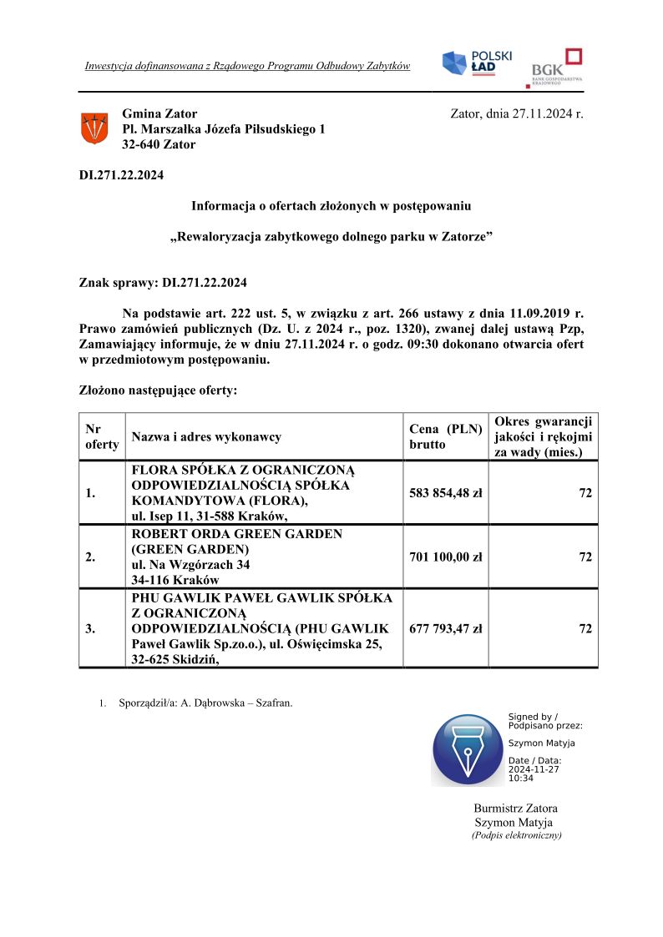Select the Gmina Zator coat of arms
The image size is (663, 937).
tap(94, 128)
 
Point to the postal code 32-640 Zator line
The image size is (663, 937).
tap(159, 144)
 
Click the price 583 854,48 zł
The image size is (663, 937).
tap(445, 493)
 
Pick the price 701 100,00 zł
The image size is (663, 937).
tap(445, 557)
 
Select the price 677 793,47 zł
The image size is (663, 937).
tap(445, 628)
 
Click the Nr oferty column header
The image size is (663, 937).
tap(102, 436)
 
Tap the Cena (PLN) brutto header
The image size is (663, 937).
tap(445, 436)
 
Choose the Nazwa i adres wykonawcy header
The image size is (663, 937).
tap(206, 436)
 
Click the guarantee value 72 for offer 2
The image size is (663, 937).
tap(585, 557)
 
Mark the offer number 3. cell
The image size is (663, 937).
tap(90, 628)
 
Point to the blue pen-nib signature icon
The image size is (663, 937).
tap(468, 749)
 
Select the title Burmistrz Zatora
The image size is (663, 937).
tap(515, 808)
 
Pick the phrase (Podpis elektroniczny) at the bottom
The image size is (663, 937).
tap(516, 834)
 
